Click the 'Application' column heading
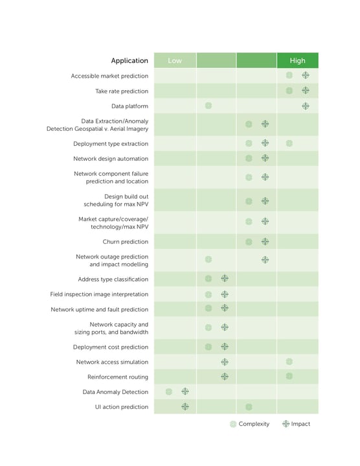pyautogui.click(x=129, y=61)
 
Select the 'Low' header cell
pyautogui.click(x=175, y=60)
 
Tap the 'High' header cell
pyautogui.click(x=297, y=60)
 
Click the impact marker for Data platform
pyautogui.click(x=306, y=106)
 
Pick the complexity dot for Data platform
pyautogui.click(x=208, y=106)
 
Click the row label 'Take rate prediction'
pyautogui.click(x=122, y=91)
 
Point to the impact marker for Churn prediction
pyautogui.click(x=265, y=242)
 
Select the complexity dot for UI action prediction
pyautogui.click(x=249, y=407)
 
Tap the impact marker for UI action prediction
pyautogui.click(x=185, y=406)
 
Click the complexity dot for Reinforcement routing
pyautogui.click(x=289, y=376)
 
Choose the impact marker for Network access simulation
pyautogui.click(x=225, y=362)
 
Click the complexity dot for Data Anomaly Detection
pyautogui.click(x=168, y=391)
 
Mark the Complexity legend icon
pyautogui.click(x=233, y=424)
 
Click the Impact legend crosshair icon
pyautogui.click(x=286, y=424)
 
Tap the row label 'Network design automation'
pyautogui.click(x=111, y=159)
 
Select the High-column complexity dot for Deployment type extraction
pyautogui.click(x=289, y=143)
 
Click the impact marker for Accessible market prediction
pyautogui.click(x=306, y=75)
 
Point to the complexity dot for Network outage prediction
pyautogui.click(x=208, y=259)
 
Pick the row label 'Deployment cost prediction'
pyautogui.click(x=111, y=347)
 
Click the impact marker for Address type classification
pyautogui.click(x=225, y=278)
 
